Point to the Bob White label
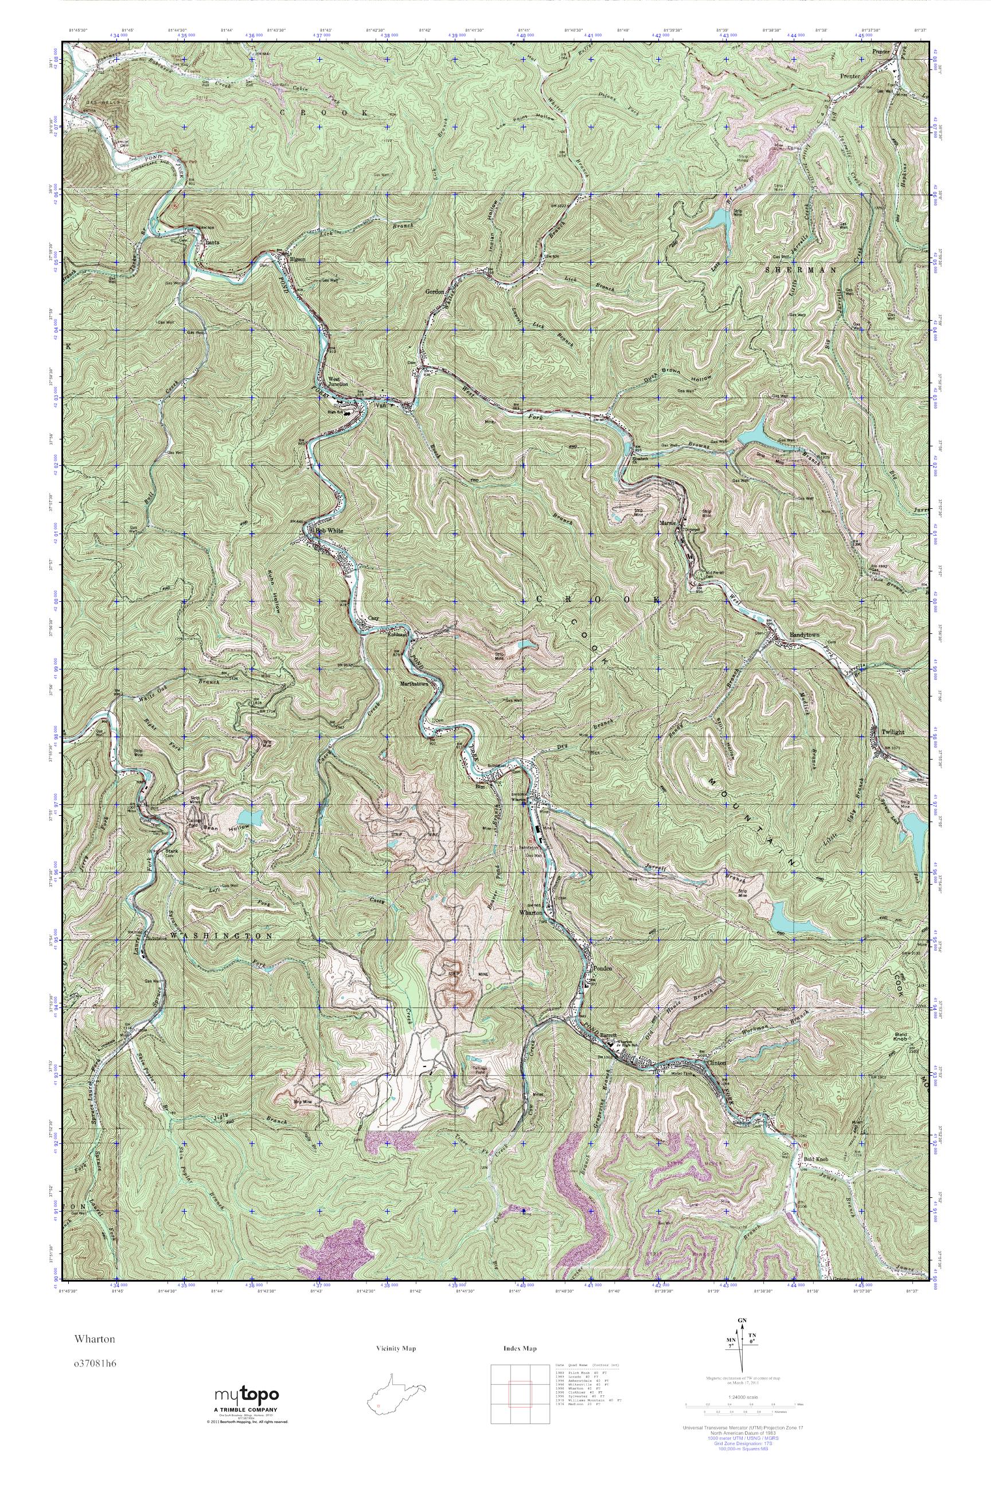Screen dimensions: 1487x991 329,531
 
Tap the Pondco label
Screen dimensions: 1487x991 603,968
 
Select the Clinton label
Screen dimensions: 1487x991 719,1063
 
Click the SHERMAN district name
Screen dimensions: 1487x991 800,269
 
